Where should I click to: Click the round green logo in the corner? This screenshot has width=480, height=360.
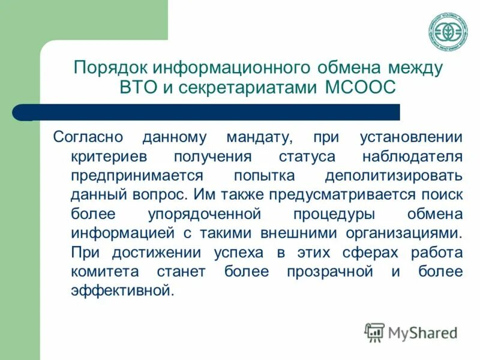tap(448, 31)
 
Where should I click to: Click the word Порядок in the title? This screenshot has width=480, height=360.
tap(109, 67)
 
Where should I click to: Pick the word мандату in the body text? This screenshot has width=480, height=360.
tap(259, 137)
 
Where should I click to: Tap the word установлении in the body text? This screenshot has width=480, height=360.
tap(411, 137)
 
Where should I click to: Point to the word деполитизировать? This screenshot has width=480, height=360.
tap(394, 176)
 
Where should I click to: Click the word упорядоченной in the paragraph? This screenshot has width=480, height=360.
tap(204, 214)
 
